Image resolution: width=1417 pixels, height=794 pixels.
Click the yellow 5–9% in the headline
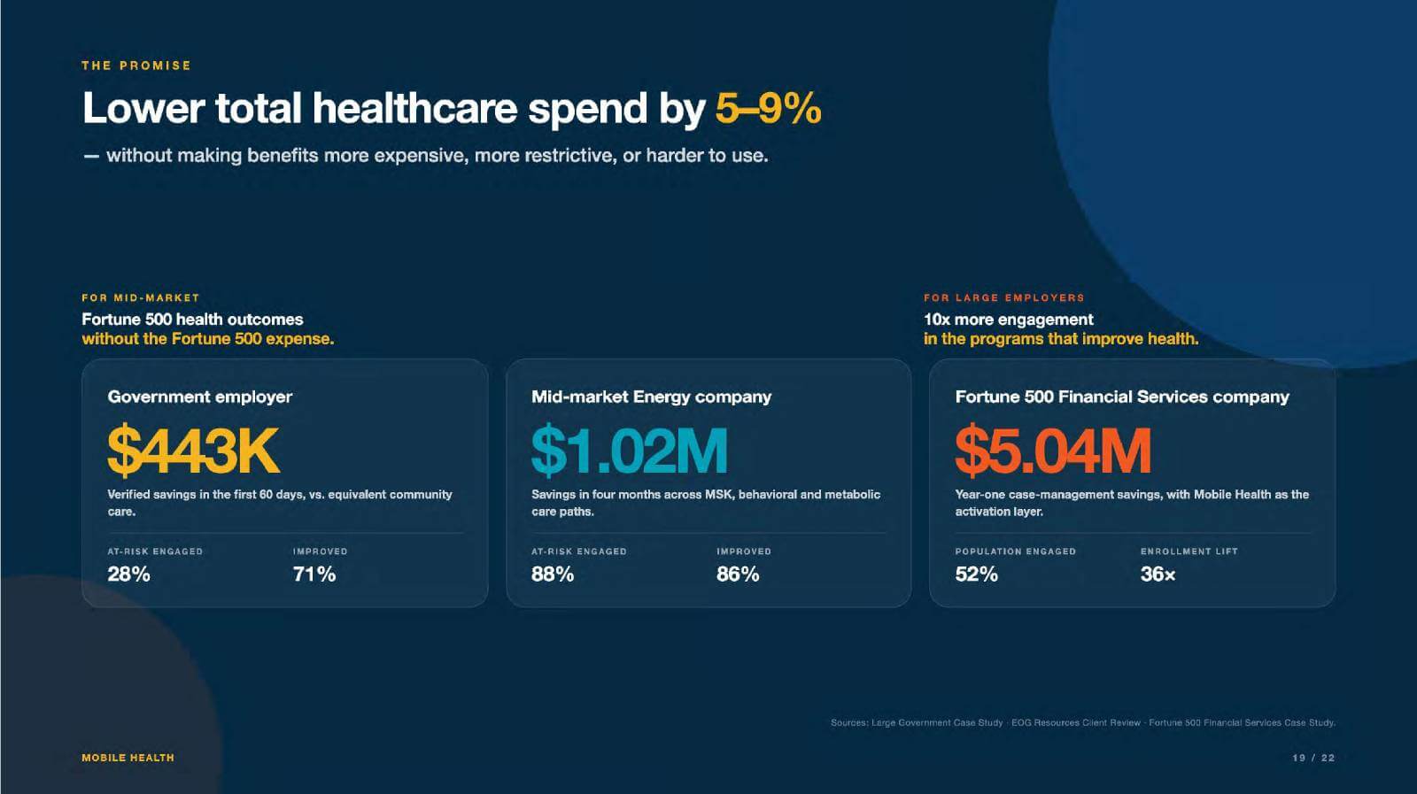[x=768, y=108]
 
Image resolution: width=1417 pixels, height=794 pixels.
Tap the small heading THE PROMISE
[x=136, y=66]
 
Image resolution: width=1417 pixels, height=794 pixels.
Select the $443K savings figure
[x=193, y=450]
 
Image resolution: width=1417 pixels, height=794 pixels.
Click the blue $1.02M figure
[x=630, y=450]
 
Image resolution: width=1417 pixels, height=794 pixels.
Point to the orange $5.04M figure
[x=1053, y=450]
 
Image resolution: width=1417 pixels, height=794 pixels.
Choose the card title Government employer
[x=200, y=397]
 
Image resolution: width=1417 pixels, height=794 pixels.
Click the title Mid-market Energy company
[x=652, y=397]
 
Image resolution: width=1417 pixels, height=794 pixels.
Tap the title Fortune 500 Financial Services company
[x=1122, y=397]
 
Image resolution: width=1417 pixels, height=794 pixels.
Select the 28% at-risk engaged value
[x=129, y=574]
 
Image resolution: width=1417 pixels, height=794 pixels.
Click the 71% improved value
[x=314, y=574]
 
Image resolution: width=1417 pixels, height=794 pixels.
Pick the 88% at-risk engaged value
[x=553, y=574]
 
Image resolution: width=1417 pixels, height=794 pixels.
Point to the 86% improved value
[x=738, y=574]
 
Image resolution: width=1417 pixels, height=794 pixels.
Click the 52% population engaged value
[x=977, y=574]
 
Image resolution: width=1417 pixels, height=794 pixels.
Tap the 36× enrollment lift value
[x=1158, y=574]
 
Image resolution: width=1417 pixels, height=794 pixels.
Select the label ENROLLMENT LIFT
[x=1189, y=551]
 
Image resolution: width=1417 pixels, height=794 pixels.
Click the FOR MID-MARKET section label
[x=141, y=297]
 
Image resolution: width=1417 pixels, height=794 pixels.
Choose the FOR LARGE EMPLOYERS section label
[x=1004, y=297]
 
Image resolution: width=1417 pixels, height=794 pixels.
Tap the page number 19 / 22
[x=1313, y=758]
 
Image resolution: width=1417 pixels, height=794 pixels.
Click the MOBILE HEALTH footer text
[x=128, y=758]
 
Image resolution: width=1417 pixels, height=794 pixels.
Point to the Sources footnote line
[x=1083, y=722]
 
